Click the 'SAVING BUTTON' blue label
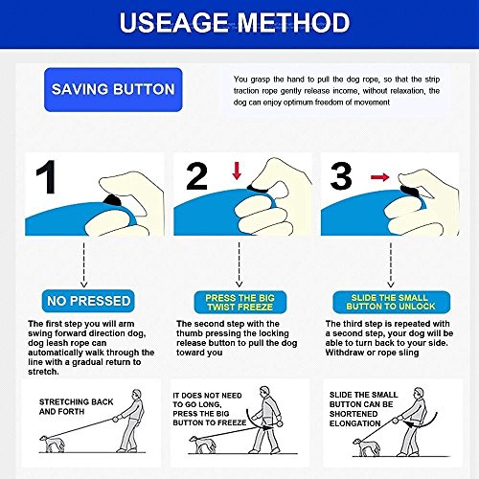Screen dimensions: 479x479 point(113,90)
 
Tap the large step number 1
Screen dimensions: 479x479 point(47,177)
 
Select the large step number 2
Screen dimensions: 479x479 point(196,176)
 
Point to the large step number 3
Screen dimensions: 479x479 point(341,175)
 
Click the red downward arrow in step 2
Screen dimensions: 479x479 point(237,171)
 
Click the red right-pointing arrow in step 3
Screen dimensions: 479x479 point(380,177)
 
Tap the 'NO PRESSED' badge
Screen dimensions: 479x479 point(88,301)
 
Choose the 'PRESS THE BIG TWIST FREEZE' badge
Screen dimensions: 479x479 point(240,302)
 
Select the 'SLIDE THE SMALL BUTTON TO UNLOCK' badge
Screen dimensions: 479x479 point(391,302)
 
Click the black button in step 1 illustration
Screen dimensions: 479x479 point(112,200)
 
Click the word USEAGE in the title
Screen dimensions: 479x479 point(173,22)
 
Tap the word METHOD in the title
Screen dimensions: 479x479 point(293,22)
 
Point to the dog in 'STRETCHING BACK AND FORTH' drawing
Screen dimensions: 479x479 point(52,444)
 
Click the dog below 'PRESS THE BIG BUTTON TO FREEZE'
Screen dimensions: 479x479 point(202,445)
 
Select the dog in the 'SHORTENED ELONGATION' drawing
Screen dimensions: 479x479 point(366,446)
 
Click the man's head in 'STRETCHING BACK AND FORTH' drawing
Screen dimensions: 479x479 point(137,394)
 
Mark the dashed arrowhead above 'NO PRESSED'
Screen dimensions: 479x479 point(83,284)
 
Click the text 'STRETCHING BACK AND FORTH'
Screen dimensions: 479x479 point(76,406)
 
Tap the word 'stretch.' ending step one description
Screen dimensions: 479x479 point(43,372)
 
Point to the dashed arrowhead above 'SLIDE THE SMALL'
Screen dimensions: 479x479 point(391,284)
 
